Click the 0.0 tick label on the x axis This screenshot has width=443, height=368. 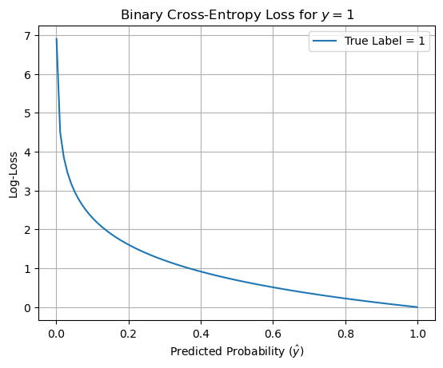click(56, 333)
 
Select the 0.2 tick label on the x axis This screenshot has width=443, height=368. click(129, 333)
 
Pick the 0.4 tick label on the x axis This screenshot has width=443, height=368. click(201, 333)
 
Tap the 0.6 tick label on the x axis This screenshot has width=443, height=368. click(273, 333)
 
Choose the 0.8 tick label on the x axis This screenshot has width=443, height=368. click(345, 333)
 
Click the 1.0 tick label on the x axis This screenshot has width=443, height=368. click(417, 333)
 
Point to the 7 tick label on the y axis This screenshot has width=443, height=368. click(27, 37)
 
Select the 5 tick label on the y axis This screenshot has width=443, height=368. click(27, 113)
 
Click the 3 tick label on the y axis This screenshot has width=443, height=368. click(27, 192)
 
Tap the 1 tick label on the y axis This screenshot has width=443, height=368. click(27, 269)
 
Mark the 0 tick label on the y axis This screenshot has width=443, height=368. click(27, 308)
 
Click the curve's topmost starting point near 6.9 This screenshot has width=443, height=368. click(57, 39)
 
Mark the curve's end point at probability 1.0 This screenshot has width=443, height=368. click(417, 307)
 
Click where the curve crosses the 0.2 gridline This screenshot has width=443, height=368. click(129, 245)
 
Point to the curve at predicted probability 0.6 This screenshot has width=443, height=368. click(273, 287)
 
